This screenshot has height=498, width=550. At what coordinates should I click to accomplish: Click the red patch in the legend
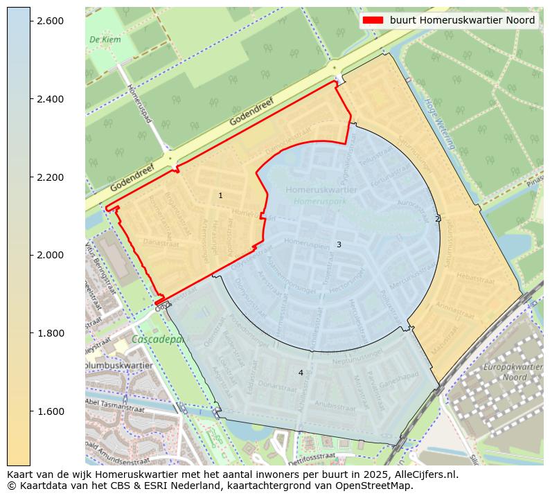point(373,20)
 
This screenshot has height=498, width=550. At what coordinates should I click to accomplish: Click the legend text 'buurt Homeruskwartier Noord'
point(462,20)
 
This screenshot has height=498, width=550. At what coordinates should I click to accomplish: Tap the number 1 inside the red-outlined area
point(220,196)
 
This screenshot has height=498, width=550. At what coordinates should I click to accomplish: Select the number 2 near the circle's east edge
point(437,219)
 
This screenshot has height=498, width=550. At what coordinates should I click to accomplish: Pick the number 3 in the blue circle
point(339,244)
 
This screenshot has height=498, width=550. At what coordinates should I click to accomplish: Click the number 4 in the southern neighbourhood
point(301,373)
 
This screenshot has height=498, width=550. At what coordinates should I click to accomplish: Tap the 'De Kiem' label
point(105,39)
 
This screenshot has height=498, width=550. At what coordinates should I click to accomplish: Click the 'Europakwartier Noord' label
point(513,372)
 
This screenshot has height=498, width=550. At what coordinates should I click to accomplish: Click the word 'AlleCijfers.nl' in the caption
point(424,475)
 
